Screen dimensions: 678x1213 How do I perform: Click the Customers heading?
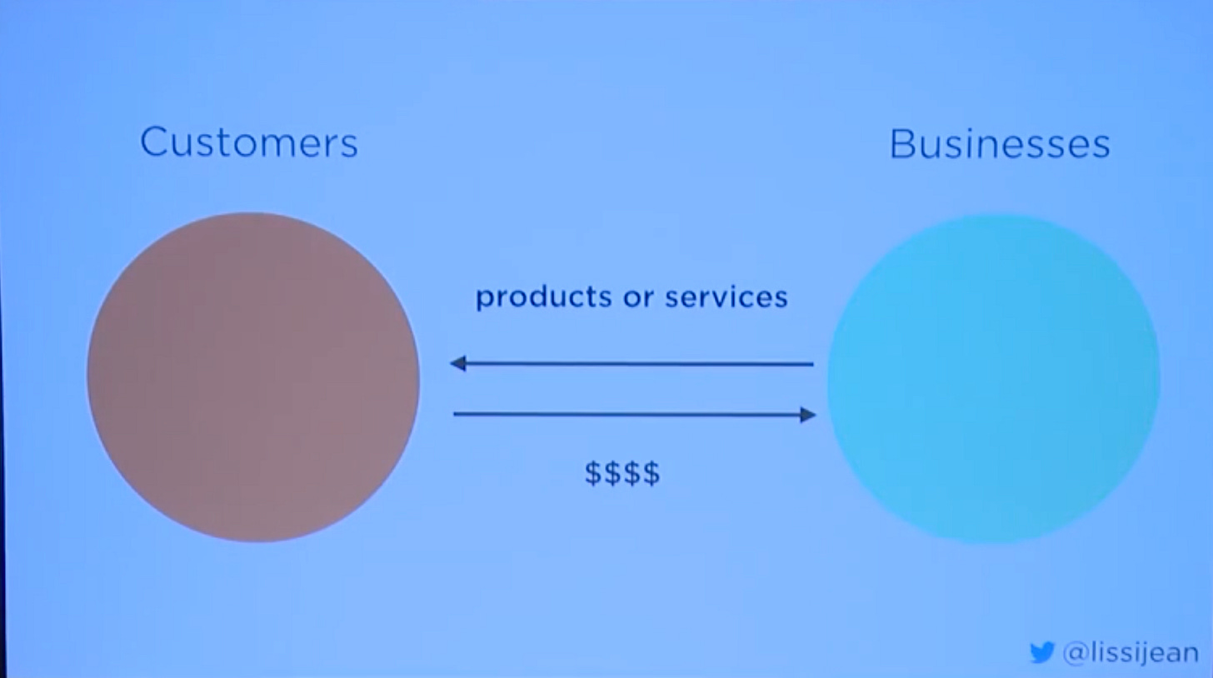point(248,142)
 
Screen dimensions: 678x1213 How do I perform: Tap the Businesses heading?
point(999,144)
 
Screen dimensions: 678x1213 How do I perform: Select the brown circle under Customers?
point(253,377)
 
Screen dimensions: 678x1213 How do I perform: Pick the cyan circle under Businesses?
point(993,379)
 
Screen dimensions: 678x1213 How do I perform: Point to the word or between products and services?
point(634,297)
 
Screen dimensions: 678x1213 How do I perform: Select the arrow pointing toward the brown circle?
point(631,364)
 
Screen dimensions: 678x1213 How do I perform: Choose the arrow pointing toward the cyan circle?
point(634,414)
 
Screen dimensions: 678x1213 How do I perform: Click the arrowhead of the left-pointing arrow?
point(457,363)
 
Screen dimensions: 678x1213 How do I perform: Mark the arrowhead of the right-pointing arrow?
point(807,414)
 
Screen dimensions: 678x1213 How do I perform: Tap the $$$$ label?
point(622,473)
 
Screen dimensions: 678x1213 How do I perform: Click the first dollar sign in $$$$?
point(593,473)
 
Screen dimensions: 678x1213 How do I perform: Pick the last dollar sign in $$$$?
point(651,473)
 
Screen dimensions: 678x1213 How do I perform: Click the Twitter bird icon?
point(1041,652)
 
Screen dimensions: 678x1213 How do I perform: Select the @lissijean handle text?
point(1131,653)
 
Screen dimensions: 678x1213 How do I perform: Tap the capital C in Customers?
point(153,142)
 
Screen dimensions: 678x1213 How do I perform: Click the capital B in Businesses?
point(901,144)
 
